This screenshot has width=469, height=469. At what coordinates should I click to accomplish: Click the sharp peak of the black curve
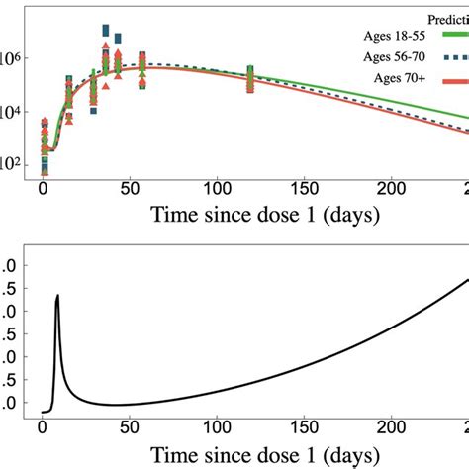(x=57, y=296)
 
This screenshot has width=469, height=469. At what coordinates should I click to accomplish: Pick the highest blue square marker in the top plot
(x=106, y=31)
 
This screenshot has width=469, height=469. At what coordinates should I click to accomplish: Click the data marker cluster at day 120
(x=250, y=79)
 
